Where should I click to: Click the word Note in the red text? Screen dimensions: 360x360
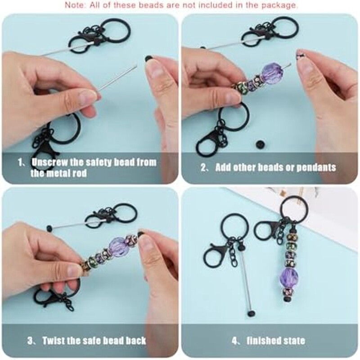tap(75, 5)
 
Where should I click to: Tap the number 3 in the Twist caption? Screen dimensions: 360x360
tap(30, 340)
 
